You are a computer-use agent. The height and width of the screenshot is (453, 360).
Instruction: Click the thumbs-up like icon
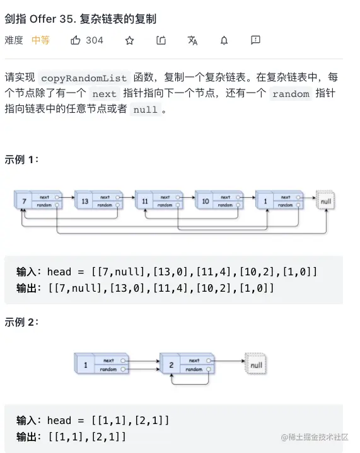pyautogui.click(x=76, y=40)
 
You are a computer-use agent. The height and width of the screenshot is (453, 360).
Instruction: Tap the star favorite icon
pyautogui.click(x=129, y=40)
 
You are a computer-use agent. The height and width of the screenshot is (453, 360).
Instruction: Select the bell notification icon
pyautogui.click(x=224, y=40)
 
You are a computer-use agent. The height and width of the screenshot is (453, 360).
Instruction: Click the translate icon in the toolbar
pyautogui.click(x=192, y=40)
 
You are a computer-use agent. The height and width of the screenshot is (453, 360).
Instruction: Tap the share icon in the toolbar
pyautogui.click(x=161, y=40)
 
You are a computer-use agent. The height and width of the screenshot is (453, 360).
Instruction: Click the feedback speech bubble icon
pyautogui.click(x=255, y=40)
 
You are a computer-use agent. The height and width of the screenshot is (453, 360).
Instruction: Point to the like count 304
pyautogui.click(x=95, y=40)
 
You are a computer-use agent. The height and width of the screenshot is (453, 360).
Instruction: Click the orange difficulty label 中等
pyautogui.click(x=41, y=40)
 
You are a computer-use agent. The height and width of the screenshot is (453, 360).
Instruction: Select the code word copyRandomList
pyautogui.click(x=84, y=78)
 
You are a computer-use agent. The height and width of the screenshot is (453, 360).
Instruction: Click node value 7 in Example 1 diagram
pyautogui.click(x=24, y=201)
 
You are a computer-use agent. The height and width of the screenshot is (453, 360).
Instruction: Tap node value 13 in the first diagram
pyautogui.click(x=84, y=201)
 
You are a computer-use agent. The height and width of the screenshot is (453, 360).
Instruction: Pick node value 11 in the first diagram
pyautogui.click(x=145, y=201)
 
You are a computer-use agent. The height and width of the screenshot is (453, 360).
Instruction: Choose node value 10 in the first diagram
pyautogui.click(x=206, y=201)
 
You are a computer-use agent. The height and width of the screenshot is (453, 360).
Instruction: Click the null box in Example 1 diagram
pyautogui.click(x=326, y=200)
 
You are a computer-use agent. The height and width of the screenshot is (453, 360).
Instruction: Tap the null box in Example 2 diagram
pyautogui.click(x=255, y=364)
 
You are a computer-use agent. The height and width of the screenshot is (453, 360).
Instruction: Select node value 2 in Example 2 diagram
pyautogui.click(x=171, y=365)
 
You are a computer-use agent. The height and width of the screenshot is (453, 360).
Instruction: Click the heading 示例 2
pyautogui.click(x=21, y=322)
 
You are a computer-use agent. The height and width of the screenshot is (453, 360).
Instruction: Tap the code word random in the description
pyautogui.click(x=291, y=94)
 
